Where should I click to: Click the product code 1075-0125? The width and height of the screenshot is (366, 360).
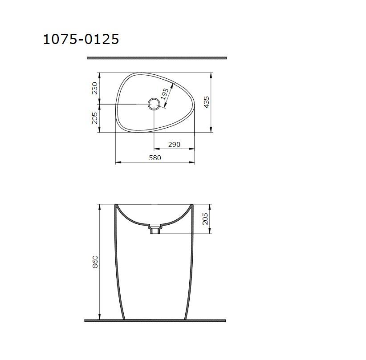tap(81, 39)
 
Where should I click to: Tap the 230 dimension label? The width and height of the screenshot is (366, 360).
tap(94, 88)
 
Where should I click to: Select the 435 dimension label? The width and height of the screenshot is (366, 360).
tap(207, 102)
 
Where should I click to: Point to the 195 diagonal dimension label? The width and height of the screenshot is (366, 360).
tap(165, 94)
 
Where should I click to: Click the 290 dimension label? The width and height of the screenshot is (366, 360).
tap(175, 145)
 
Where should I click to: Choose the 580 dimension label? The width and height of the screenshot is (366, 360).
tap(155, 158)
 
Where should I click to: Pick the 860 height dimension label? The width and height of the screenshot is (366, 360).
tap(95, 262)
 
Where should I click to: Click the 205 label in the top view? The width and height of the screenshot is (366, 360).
tap(94, 118)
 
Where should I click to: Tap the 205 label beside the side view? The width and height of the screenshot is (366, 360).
tap(205, 218)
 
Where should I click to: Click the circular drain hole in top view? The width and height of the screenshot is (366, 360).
tap(154, 104)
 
